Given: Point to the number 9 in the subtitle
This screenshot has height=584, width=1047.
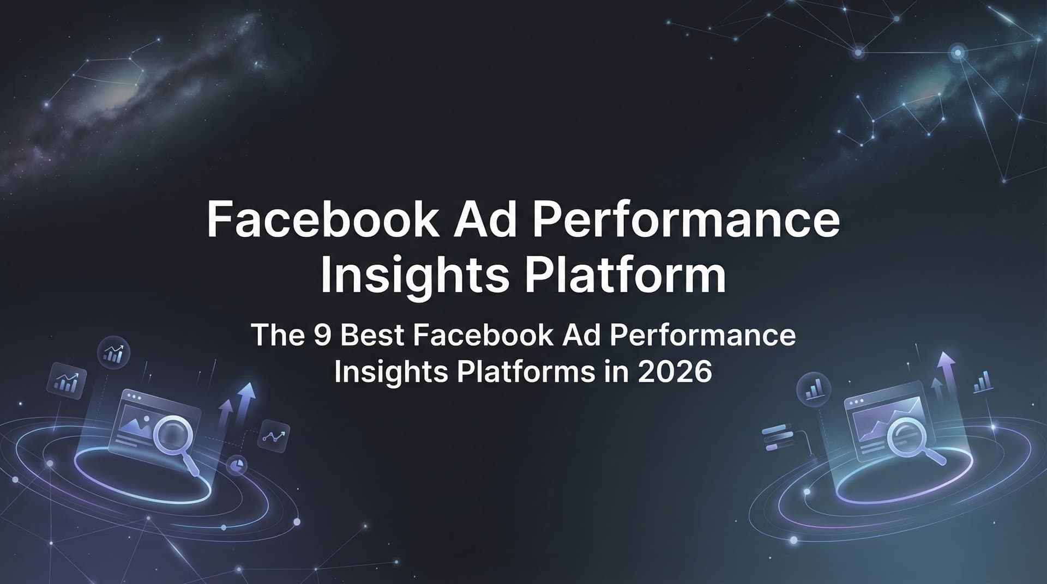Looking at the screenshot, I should click(x=323, y=335).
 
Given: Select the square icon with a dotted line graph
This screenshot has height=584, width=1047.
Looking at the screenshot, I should click(x=273, y=436).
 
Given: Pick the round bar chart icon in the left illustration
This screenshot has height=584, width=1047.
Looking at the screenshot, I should click(x=113, y=353).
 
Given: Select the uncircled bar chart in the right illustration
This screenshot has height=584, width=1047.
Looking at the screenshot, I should click(x=983, y=382).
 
